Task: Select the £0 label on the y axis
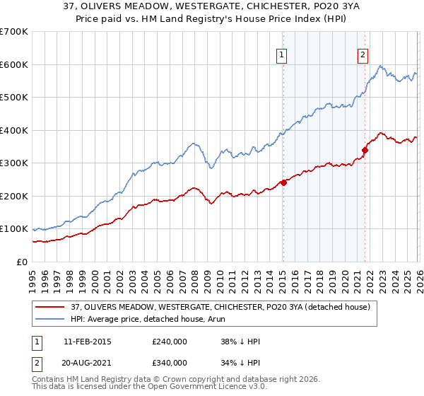click(22, 262)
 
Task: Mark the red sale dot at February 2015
click(283, 182)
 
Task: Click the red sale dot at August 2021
click(365, 150)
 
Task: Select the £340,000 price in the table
click(169, 363)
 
